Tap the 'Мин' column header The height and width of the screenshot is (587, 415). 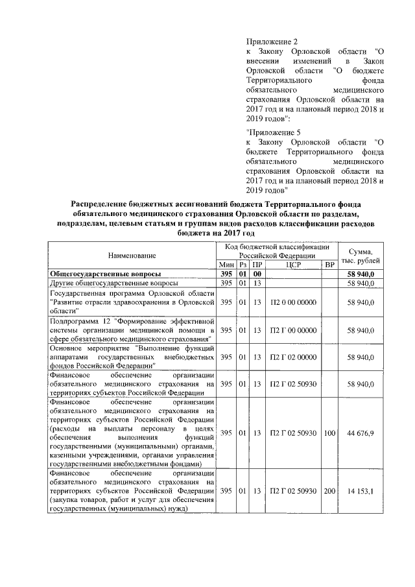coord(226,265)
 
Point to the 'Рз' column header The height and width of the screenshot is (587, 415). coord(243,265)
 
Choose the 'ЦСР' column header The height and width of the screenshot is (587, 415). coord(293,265)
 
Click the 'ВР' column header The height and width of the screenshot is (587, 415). coord(329,265)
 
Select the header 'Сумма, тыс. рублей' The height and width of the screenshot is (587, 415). coord(360,256)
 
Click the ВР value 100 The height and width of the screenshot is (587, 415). coord(329,433)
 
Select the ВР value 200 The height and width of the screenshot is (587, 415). coord(329,491)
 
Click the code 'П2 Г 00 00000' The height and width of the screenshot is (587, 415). coord(293,330)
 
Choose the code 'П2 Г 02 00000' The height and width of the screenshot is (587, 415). coord(293,357)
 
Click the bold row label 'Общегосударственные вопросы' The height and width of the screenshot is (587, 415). coord(106,274)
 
